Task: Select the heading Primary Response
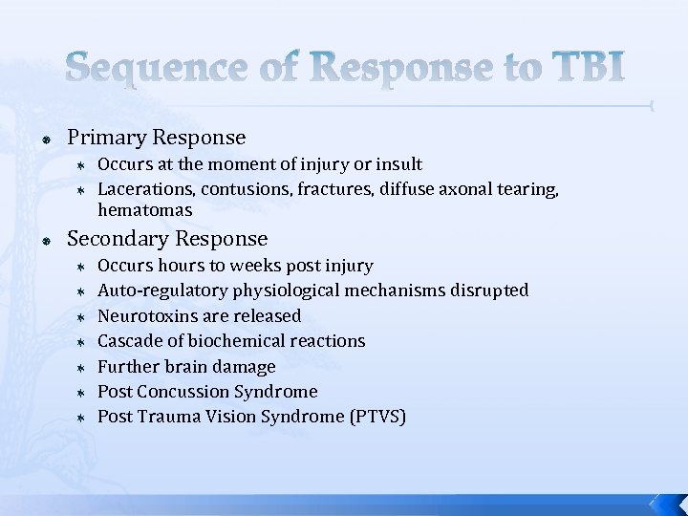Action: tap(157, 138)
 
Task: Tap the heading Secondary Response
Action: tap(168, 238)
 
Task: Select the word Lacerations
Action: tap(144, 189)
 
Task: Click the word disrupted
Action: tap(490, 290)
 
